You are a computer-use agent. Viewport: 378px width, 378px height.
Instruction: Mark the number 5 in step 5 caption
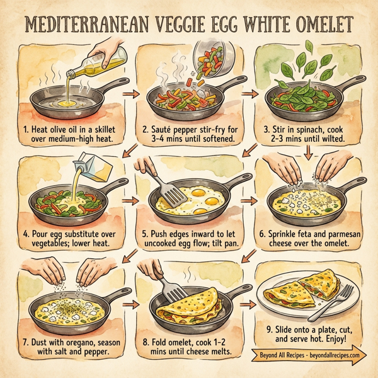[x=146, y=232]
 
